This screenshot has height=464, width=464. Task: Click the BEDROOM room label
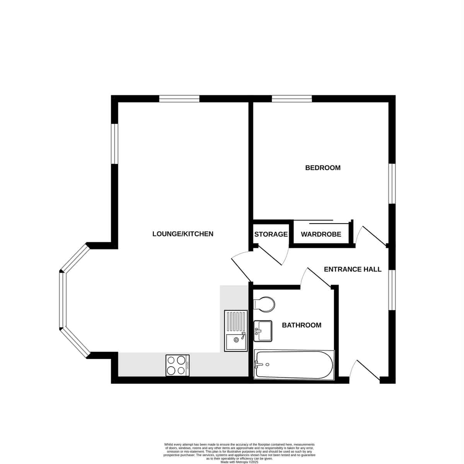pos(322,168)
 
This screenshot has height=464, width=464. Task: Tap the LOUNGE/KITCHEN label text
pos(183,234)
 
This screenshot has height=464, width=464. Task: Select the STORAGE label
pos(271,234)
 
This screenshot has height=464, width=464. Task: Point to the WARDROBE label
pos(321,234)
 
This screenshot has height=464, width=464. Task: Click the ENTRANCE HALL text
pos(353,269)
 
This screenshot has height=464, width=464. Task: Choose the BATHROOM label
pos(302,325)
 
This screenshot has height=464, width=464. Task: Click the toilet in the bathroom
pos(264,304)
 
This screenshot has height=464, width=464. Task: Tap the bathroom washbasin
pos(263,331)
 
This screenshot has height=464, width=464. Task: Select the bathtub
pos(294,365)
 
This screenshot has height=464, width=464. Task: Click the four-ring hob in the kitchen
pos(177,365)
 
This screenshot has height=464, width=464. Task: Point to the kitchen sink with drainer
pos(236,331)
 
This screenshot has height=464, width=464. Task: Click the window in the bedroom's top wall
pos(292,99)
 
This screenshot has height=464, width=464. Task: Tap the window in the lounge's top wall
pos(179,99)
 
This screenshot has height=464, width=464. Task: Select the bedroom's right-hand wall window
pos(392,184)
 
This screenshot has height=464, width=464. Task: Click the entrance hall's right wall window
pos(392,290)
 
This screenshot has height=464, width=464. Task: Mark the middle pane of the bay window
pos(62,300)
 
